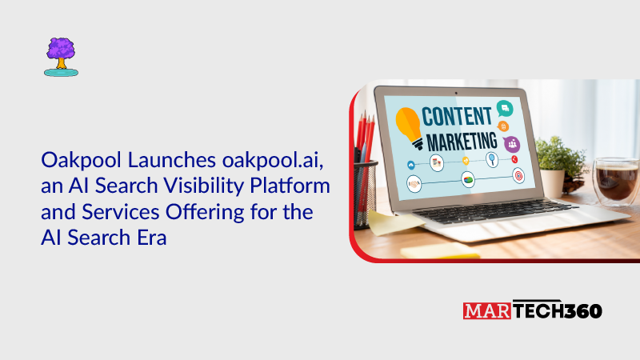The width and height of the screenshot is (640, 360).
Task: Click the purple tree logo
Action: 61,56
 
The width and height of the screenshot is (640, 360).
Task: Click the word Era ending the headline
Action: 149,238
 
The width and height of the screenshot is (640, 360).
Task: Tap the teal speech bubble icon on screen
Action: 504,107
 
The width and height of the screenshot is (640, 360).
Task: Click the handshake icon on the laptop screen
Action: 414,182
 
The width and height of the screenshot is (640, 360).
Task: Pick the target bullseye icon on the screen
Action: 518,174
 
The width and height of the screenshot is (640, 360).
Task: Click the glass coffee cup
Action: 617,181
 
